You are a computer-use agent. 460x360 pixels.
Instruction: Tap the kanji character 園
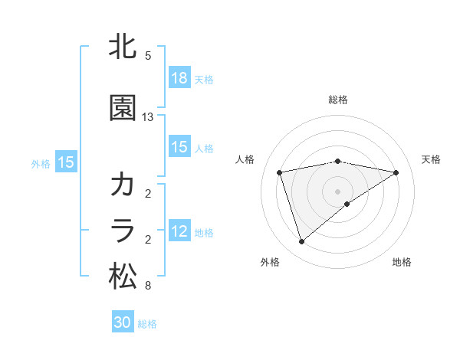point(123,108)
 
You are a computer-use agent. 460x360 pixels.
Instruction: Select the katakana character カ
point(123,185)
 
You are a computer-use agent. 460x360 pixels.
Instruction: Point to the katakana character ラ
point(123,231)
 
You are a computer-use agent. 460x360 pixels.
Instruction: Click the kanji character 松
point(123,276)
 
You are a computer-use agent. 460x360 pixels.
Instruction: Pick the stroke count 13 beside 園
point(148,117)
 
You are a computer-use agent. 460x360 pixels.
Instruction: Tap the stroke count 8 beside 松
point(148,286)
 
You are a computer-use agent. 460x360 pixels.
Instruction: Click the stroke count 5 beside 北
point(148,56)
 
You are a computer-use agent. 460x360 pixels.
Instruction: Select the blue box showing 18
point(179,79)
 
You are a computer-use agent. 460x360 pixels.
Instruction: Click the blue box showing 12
point(179,232)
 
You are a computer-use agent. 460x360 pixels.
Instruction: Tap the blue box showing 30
point(123,322)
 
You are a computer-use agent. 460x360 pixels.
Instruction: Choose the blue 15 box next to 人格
point(179,148)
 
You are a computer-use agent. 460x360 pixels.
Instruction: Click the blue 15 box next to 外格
point(66,162)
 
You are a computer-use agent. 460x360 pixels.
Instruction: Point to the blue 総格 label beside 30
point(147,323)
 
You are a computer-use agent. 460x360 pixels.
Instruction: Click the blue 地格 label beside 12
point(204,233)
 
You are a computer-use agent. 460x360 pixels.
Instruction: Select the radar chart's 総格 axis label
point(338,100)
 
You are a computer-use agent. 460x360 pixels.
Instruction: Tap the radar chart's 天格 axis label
point(431,159)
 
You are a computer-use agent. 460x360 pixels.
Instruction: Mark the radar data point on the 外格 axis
point(302,242)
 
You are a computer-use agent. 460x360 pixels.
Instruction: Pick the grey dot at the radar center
point(338,191)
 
